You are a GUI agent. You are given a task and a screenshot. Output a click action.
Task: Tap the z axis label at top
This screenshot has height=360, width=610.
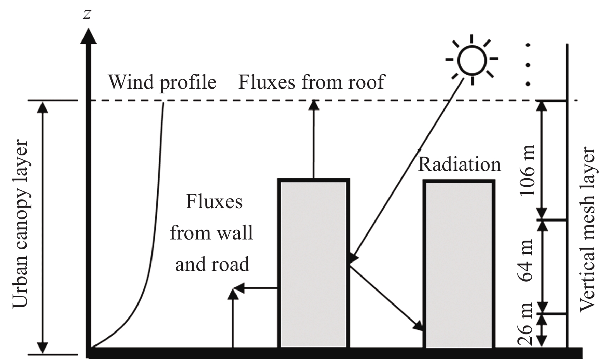coord(88,14)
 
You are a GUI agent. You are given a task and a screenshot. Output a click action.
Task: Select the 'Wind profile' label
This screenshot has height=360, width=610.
coord(162,82)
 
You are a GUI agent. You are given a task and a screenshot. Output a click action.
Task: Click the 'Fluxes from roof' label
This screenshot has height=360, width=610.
coord(311,82)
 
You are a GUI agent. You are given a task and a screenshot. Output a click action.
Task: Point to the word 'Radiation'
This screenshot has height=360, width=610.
coord(459,164)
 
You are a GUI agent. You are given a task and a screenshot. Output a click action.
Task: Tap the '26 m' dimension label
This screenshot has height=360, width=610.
coord(527,329)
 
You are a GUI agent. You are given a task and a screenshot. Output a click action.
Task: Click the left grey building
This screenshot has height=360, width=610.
coord(313,264)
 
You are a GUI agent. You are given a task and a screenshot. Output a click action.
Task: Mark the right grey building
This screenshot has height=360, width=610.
coord(459,264)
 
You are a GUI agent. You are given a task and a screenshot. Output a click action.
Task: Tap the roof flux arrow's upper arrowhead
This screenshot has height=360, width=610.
coord(314,105)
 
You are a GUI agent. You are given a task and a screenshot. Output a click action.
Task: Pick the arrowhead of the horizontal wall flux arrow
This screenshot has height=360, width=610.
coord(239,288)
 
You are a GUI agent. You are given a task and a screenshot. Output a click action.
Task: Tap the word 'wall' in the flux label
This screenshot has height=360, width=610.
coord(236,233)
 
